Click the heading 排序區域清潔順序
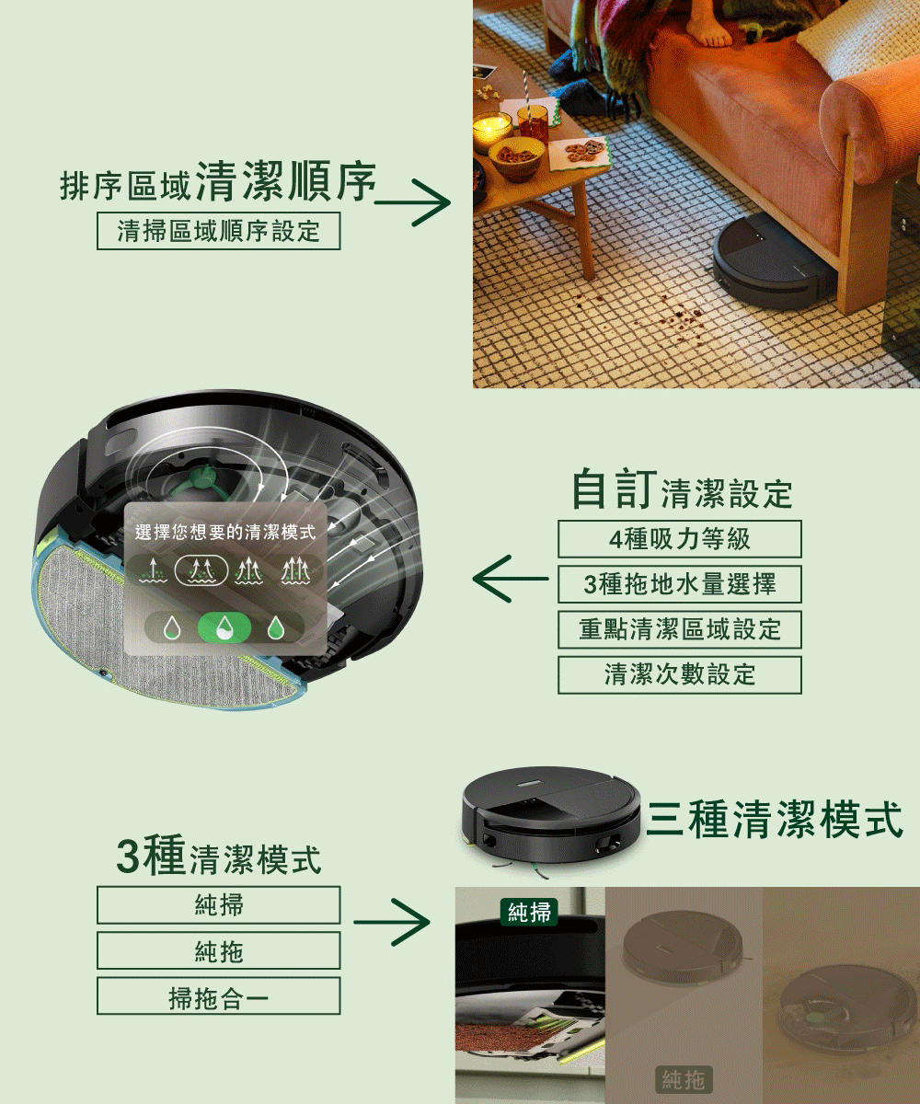point(219,182)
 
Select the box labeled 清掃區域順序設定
point(219,231)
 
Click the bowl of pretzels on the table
point(516,156)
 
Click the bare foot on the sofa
point(709,28)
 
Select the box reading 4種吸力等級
point(680,539)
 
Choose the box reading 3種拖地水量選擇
point(680,584)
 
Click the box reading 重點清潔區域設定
point(680,629)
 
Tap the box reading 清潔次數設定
point(680,674)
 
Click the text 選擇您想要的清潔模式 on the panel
point(224,533)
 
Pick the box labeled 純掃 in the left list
point(219,905)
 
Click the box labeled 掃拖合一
point(219,996)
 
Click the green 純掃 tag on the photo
point(530,912)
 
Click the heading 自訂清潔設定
point(682,490)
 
